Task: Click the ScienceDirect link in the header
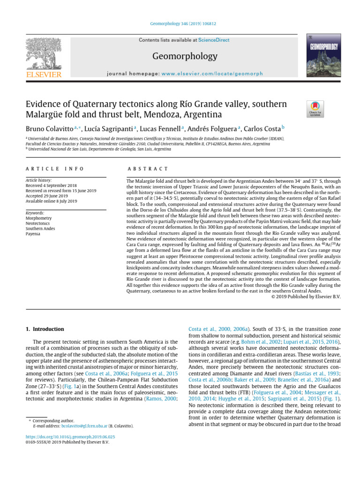click(x=213, y=40)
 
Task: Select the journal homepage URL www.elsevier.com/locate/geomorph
click(x=212, y=74)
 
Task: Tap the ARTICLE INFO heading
click(x=54, y=169)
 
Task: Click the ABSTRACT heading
click(x=148, y=169)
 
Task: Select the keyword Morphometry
click(x=39, y=218)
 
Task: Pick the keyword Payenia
click(x=34, y=233)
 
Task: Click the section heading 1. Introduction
click(x=45, y=329)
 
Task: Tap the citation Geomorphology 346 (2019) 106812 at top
click(x=180, y=23)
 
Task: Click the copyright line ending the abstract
click(x=306, y=296)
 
